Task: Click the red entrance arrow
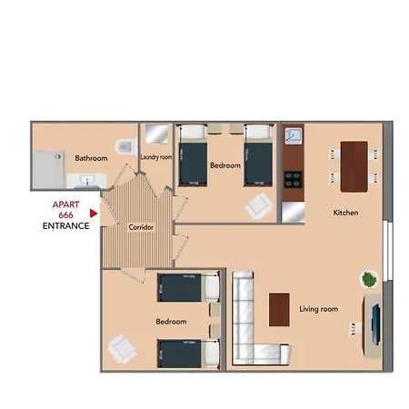[94, 215]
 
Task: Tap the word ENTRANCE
[65, 225]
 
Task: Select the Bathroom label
[91, 159]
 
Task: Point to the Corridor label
[140, 226]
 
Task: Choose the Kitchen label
[345, 213]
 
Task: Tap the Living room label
[318, 309]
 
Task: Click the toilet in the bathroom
[125, 146]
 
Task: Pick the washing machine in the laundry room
[155, 135]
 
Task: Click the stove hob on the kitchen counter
[293, 178]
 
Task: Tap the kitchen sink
[293, 137]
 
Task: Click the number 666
[65, 215]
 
